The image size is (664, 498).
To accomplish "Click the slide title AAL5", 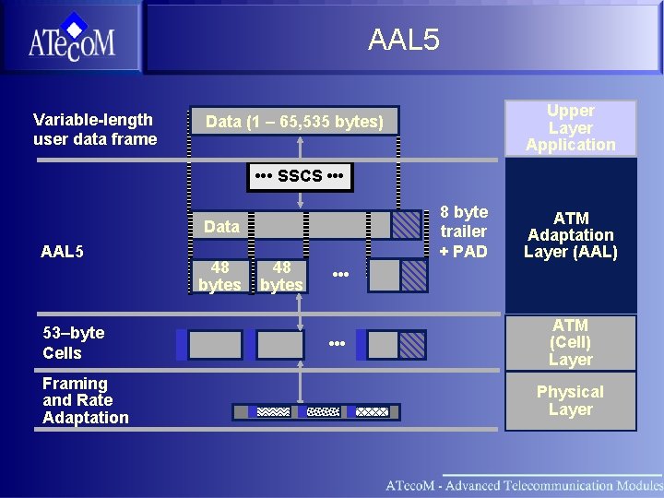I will pyautogui.click(x=403, y=40).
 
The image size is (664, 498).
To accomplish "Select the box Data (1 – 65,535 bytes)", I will pyautogui.click(x=294, y=122).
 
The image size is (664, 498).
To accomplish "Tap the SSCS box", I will pyautogui.click(x=300, y=175).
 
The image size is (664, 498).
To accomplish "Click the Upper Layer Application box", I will pyautogui.click(x=570, y=127).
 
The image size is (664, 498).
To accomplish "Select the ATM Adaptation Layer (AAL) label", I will pyautogui.click(x=570, y=235).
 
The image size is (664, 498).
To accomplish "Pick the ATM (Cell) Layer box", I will pyautogui.click(x=570, y=342).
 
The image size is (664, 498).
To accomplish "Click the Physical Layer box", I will pyautogui.click(x=570, y=400).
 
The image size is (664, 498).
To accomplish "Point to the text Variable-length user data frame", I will pyautogui.click(x=94, y=129).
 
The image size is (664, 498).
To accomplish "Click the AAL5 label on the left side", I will pyautogui.click(x=63, y=251).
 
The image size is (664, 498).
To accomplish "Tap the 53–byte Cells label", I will pyautogui.click(x=73, y=342).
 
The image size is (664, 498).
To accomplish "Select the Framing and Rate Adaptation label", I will pyautogui.click(x=85, y=400).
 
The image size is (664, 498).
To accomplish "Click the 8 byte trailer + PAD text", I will pyautogui.click(x=463, y=231).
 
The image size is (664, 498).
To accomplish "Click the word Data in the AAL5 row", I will pyautogui.click(x=221, y=226).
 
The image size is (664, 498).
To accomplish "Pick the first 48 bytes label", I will pyautogui.click(x=219, y=276).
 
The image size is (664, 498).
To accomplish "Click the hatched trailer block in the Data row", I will pyautogui.click(x=406, y=225).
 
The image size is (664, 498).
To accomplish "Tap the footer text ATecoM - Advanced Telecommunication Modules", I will pyautogui.click(x=523, y=485).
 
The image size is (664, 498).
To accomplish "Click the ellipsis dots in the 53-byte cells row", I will pyautogui.click(x=337, y=344).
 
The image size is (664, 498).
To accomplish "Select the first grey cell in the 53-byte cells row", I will pyautogui.click(x=215, y=345).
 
